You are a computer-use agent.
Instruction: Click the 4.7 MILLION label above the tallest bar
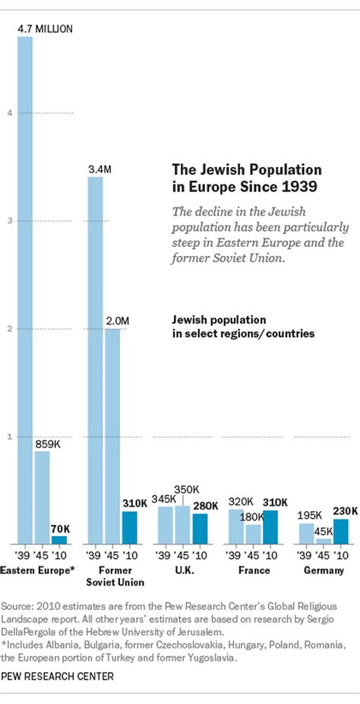point(46,29)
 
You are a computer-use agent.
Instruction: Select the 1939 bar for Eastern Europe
point(25,289)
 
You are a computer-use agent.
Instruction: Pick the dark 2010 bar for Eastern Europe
point(59,540)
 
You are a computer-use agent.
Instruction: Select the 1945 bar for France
point(253,534)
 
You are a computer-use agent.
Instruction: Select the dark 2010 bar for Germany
point(341,531)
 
